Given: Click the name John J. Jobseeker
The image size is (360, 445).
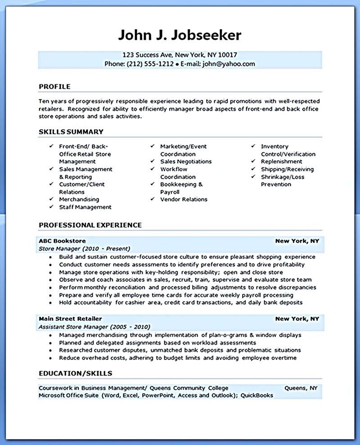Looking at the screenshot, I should tap(180, 35).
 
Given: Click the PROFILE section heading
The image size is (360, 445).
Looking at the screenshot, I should tap(54, 86).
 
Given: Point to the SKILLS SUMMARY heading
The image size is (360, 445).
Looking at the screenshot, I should tap(71, 132).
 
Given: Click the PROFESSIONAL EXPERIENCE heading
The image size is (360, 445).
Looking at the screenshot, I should tap(90, 225).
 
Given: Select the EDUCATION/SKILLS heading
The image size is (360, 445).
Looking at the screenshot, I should tap(75, 373).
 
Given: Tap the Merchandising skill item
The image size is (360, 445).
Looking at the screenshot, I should tap(79, 199).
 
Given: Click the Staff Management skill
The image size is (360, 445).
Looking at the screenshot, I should tap(85, 207).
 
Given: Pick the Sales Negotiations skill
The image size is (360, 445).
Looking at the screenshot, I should tap(185, 162).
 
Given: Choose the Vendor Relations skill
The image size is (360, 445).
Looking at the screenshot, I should tap(184, 199).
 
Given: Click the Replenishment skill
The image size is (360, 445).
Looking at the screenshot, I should tap(281, 162).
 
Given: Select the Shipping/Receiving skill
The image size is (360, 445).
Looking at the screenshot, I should tap(287, 169).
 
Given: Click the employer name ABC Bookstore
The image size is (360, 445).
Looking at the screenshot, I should tap(62, 241).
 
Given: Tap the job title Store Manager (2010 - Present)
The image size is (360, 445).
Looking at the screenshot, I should tap(85, 248).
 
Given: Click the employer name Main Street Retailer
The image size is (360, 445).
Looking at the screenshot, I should tap(70, 319).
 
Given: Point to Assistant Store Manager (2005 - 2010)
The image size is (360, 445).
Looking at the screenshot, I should tap(94, 327).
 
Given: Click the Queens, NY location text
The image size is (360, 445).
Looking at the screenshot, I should tap(301, 388).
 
